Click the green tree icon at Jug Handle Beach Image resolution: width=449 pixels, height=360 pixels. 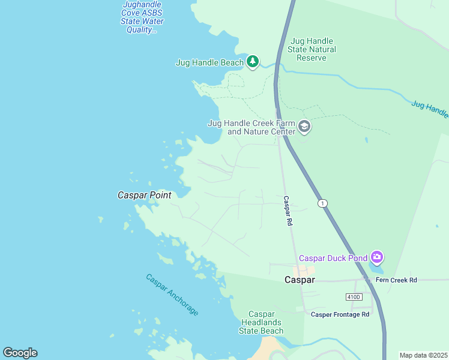[x=253, y=62]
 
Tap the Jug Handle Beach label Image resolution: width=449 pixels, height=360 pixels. [x=209, y=62]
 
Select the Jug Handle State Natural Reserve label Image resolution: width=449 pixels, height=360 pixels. [x=312, y=49]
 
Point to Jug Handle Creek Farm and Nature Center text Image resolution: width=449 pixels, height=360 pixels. [x=252, y=127]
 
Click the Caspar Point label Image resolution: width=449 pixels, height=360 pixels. [x=144, y=195]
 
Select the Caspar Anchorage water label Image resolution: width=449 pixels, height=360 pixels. [x=172, y=295]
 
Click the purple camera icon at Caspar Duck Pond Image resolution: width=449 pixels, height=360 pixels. [x=376, y=257]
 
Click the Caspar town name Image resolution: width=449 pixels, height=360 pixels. [x=299, y=280]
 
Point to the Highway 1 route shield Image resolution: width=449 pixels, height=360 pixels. [x=324, y=203]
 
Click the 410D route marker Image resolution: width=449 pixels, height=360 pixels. [x=354, y=297]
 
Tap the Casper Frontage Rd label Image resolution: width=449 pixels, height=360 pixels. [x=340, y=314]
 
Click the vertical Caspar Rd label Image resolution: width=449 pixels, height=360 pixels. [x=288, y=211]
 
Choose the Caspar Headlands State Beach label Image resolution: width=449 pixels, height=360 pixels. [x=262, y=322]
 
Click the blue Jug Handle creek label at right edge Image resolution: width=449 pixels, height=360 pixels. [x=430, y=109]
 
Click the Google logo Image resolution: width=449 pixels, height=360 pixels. [x=20, y=353]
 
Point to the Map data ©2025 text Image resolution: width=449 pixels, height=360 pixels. [x=423, y=355]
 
